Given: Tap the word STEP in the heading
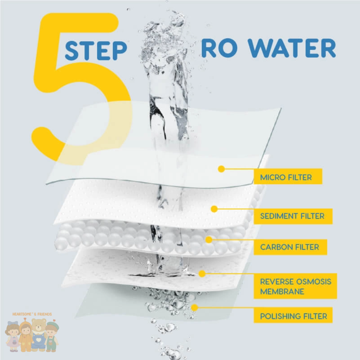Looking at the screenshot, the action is click(96, 51).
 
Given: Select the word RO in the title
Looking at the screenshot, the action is click(219, 48).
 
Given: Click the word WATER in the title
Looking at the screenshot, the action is click(292, 48).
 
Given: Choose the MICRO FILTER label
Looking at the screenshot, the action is click(286, 177).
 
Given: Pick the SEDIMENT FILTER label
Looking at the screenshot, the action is click(292, 216).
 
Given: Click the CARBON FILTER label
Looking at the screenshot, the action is click(290, 247).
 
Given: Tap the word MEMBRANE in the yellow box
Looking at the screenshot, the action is click(282, 292).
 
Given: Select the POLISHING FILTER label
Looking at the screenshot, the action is click(293, 316).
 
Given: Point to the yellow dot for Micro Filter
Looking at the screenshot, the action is click(221, 169).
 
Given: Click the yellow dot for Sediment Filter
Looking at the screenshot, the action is click(214, 209).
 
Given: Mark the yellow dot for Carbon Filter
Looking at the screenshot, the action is click(209, 240).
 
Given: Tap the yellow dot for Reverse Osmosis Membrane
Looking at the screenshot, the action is click(202, 273).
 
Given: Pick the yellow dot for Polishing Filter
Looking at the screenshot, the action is click(195, 308).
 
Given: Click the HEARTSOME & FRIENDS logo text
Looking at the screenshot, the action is click(32, 314).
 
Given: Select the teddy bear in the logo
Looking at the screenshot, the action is click(39, 334).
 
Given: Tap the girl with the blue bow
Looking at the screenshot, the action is click(13, 336).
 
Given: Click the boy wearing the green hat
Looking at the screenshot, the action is click(52, 336).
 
